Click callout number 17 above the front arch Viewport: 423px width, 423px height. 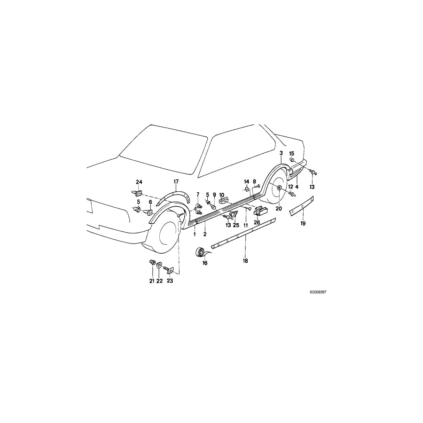click(176, 181)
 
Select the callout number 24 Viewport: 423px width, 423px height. click(139, 182)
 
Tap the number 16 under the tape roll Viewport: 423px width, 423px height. click(204, 264)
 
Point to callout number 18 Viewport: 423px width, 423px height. click(244, 260)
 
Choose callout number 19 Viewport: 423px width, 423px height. click(303, 224)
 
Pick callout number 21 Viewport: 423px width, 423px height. click(152, 281)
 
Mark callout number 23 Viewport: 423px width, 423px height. click(170, 281)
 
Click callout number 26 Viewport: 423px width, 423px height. click(257, 222)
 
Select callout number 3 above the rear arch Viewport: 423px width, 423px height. click(281, 153)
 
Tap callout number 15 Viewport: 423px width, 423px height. click(291, 154)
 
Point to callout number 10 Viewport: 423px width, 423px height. click(221, 195)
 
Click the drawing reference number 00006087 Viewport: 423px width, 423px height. click(318, 292)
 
